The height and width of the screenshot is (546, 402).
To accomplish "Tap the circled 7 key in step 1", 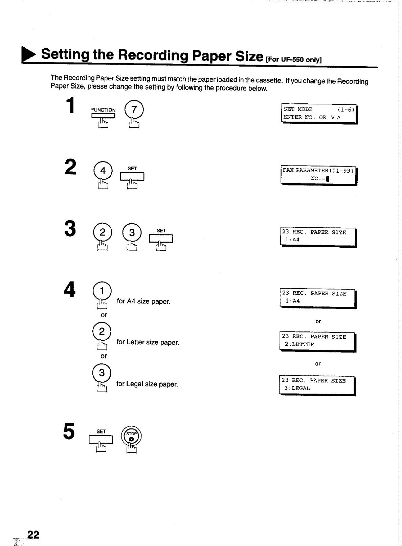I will tap(134, 110).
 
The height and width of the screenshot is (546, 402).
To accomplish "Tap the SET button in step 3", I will tap(161, 239).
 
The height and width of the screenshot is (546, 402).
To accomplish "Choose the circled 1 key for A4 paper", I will tap(102, 290).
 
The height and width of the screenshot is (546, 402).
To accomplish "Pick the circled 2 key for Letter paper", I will tap(102, 332).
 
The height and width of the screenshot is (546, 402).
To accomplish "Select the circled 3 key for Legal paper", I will tap(102, 373).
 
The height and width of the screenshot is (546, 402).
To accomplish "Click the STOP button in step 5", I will tap(132, 436).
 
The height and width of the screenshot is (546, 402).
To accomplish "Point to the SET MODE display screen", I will tap(319, 114).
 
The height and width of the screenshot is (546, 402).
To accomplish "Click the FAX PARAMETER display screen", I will tap(318, 175).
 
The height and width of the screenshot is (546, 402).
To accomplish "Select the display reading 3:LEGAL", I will tap(317, 385).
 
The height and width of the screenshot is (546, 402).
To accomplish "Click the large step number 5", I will tap(69, 432).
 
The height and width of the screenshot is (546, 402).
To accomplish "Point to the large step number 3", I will tap(70, 229).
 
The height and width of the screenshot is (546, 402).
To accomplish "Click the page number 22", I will tap(33, 535).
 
